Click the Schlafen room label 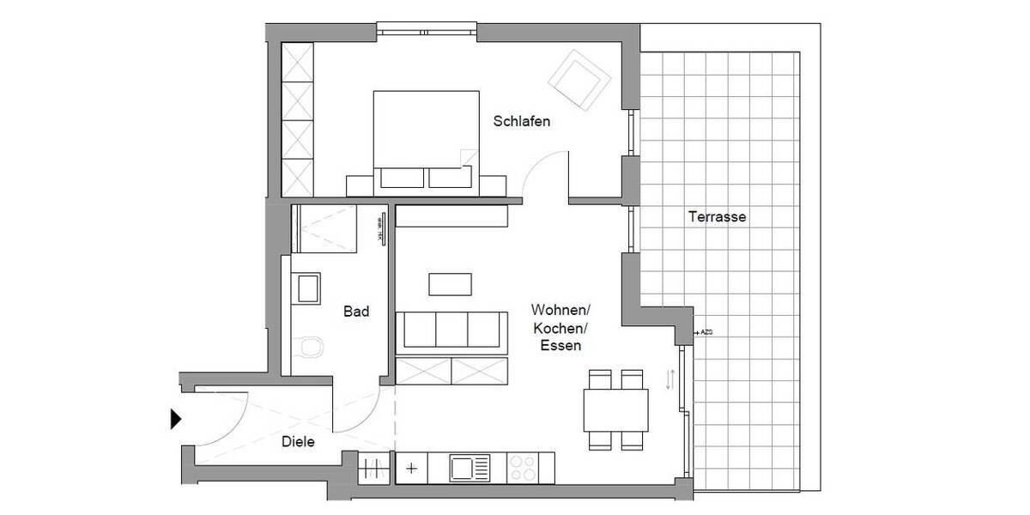coord(521,122)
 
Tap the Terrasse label coord(717,217)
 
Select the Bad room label coord(356,312)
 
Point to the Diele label coord(298,443)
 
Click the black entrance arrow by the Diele coord(176,419)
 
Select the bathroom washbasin coord(306,288)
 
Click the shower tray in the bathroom coord(324,228)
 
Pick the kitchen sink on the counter coord(470,469)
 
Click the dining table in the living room coord(616,409)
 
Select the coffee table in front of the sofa coord(451,282)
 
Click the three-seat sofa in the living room coord(449,330)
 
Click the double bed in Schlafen coord(426,137)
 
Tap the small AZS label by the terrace coord(707,331)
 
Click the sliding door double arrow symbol coord(670,379)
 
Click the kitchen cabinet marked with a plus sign coord(412,469)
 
